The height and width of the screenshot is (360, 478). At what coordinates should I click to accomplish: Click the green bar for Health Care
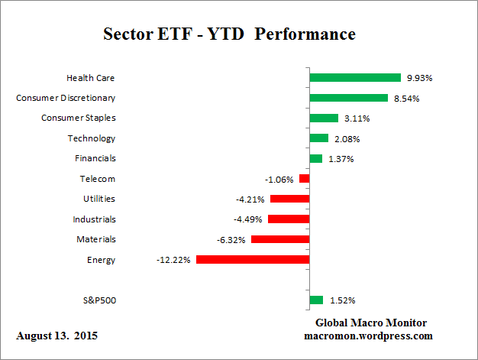coord(355,77)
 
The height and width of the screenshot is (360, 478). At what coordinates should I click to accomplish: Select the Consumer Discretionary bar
coord(348,98)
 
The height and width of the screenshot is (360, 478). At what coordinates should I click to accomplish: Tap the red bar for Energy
coord(253,260)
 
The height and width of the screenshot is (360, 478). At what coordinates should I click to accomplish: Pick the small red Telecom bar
coord(304,179)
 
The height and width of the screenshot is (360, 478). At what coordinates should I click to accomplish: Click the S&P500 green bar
coord(316,300)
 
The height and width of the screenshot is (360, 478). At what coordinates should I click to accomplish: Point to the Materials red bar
coord(280,239)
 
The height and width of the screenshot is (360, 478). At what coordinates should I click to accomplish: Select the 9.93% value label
coord(418,78)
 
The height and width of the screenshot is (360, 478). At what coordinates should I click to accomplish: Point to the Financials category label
coord(95,158)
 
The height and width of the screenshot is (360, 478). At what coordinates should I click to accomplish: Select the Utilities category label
coord(99,199)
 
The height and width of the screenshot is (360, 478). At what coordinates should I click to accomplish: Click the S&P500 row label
coord(99,300)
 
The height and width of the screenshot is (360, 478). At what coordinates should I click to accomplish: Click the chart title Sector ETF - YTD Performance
coord(229,35)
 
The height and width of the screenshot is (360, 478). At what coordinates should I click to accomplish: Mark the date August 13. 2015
coord(57,336)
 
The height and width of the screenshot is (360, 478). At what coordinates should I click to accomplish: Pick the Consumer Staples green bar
coord(324,118)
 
